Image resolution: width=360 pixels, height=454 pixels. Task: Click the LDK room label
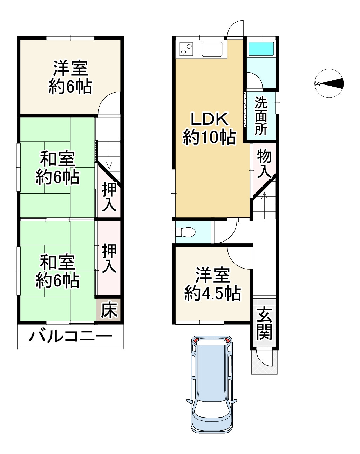(209, 128)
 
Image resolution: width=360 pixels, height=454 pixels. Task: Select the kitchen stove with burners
(186, 49)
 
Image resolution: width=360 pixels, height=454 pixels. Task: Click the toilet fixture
(185, 232)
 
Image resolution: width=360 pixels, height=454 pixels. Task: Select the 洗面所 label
(261, 116)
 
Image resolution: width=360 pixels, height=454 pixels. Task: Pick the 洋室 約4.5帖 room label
(212, 284)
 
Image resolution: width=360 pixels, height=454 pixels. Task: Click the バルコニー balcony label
(70, 337)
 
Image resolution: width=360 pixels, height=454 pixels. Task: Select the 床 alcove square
(109, 310)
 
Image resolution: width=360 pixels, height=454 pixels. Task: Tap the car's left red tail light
(195, 340)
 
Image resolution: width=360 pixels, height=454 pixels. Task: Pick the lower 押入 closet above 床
(109, 258)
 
